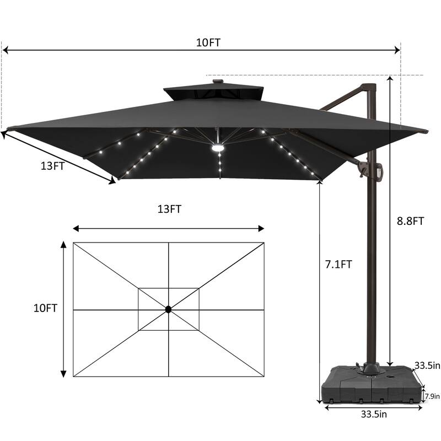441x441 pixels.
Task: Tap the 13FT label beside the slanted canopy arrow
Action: [52, 166]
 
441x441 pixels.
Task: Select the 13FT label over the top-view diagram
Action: [169, 209]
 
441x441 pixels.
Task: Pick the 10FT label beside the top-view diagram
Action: [45, 308]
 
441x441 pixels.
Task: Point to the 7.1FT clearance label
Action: [338, 264]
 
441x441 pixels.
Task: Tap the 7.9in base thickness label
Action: [432, 396]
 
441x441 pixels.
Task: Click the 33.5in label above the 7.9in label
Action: [428, 365]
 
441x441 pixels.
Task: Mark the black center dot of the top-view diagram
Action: [168, 310]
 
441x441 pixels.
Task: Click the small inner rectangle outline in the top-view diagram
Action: [168, 289]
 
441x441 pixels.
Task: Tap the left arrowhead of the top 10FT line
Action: [5, 50]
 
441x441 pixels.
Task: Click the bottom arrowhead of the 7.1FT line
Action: [320, 400]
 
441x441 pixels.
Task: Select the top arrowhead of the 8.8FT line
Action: [390, 78]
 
